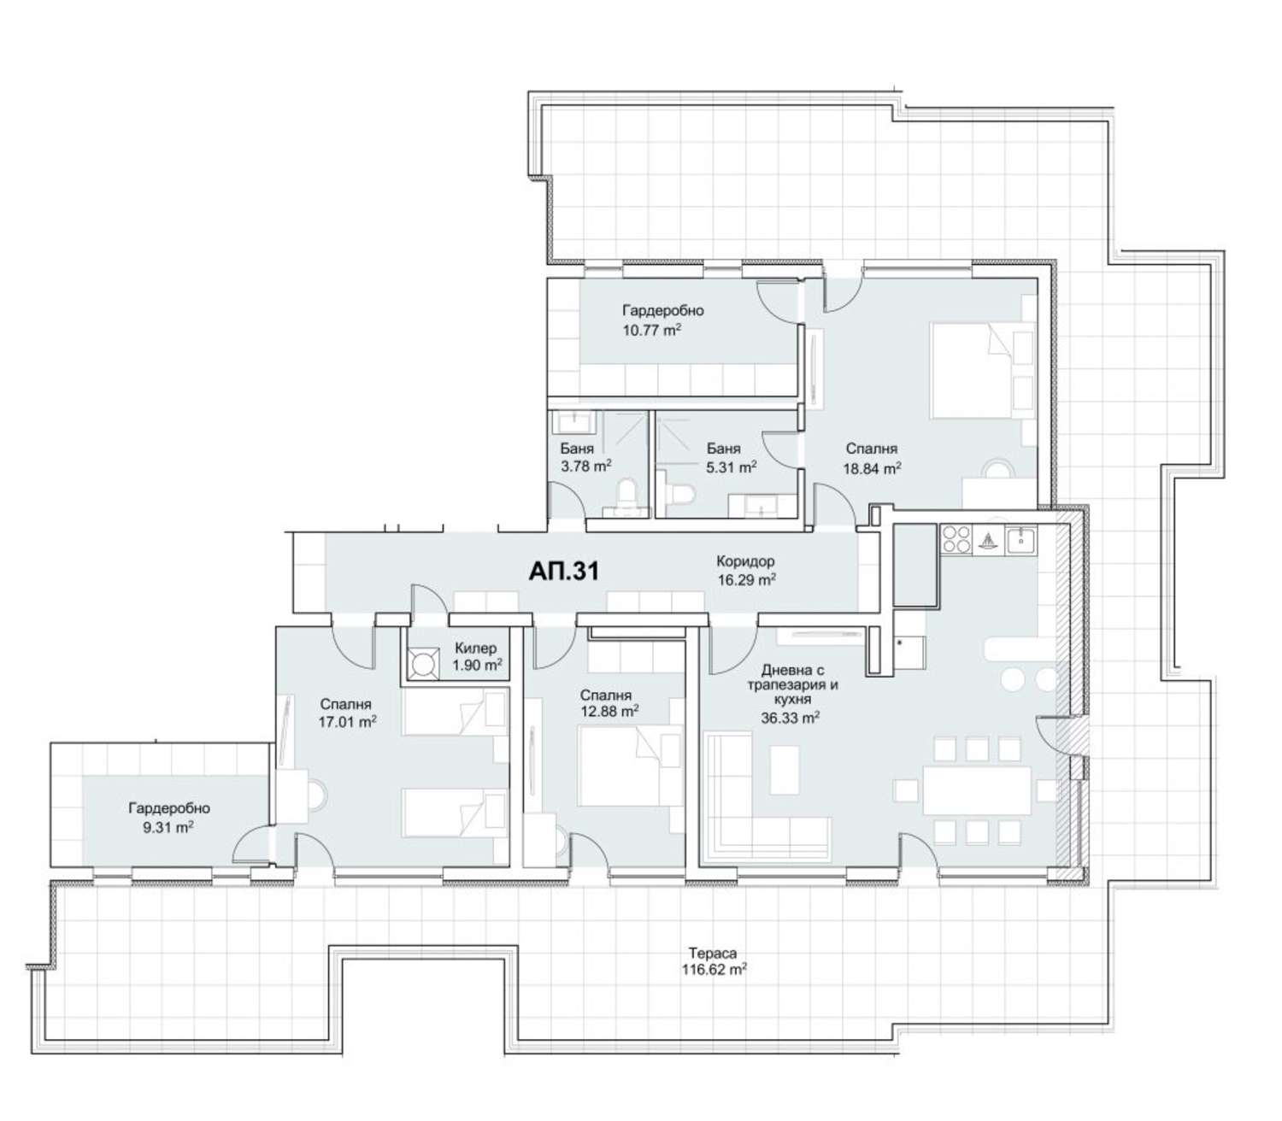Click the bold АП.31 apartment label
[x=563, y=571]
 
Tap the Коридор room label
[x=745, y=561]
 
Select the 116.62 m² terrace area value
[x=714, y=970]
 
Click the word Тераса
[x=713, y=954]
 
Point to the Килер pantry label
[x=475, y=649]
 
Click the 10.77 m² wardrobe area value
[x=651, y=330]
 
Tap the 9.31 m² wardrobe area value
[x=168, y=827]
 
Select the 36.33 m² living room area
[x=790, y=718]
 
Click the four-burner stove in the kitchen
[x=956, y=539]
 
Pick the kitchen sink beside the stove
[x=1020, y=538]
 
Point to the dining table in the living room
[x=977, y=790]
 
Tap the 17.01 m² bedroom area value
[x=347, y=721]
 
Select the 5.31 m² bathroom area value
[x=732, y=467]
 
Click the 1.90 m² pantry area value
[x=478, y=665]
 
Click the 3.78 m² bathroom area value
[x=585, y=466]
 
